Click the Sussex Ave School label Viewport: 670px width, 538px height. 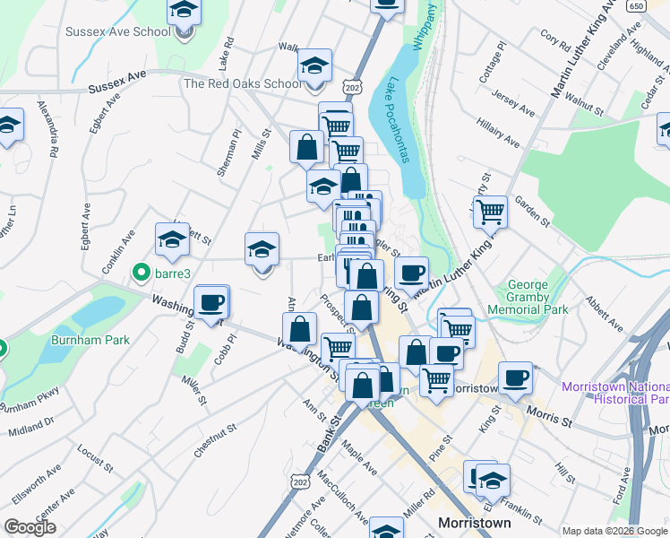tap(118, 32)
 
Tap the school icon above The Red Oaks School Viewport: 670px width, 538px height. tap(314, 65)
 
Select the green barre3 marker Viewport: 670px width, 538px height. tap(141, 272)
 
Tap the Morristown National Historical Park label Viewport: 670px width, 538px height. tap(615, 393)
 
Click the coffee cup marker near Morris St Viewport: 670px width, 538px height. tap(515, 378)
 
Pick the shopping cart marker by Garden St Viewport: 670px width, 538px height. tap(490, 213)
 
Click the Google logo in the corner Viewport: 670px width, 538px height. tap(30, 527)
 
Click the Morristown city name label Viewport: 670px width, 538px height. tap(475, 523)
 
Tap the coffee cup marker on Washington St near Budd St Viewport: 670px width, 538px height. tap(211, 303)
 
